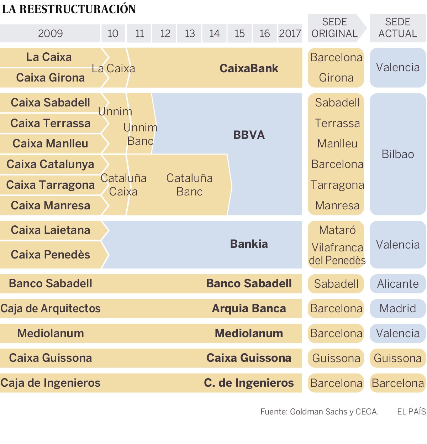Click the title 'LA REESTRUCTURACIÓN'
[x=69, y=9]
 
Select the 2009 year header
[x=50, y=33]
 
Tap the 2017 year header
[x=290, y=33]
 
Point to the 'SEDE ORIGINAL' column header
[x=334, y=28]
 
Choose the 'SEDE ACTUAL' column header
[x=397, y=28]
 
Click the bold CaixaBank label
[x=249, y=68]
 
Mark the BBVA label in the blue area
[x=249, y=135]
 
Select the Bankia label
[x=249, y=244]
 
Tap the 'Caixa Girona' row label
[x=51, y=78]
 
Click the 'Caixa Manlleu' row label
[x=51, y=143]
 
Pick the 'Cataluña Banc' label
[x=189, y=185]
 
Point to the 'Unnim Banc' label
[x=140, y=134]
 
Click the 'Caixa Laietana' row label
[x=51, y=230]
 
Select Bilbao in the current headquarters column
[x=397, y=154]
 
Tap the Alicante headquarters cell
[x=397, y=284]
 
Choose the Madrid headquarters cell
[x=397, y=308]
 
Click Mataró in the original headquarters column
[x=337, y=230]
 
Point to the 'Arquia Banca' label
[x=249, y=308]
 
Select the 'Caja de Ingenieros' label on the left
[x=51, y=383]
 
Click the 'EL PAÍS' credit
[x=411, y=412]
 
